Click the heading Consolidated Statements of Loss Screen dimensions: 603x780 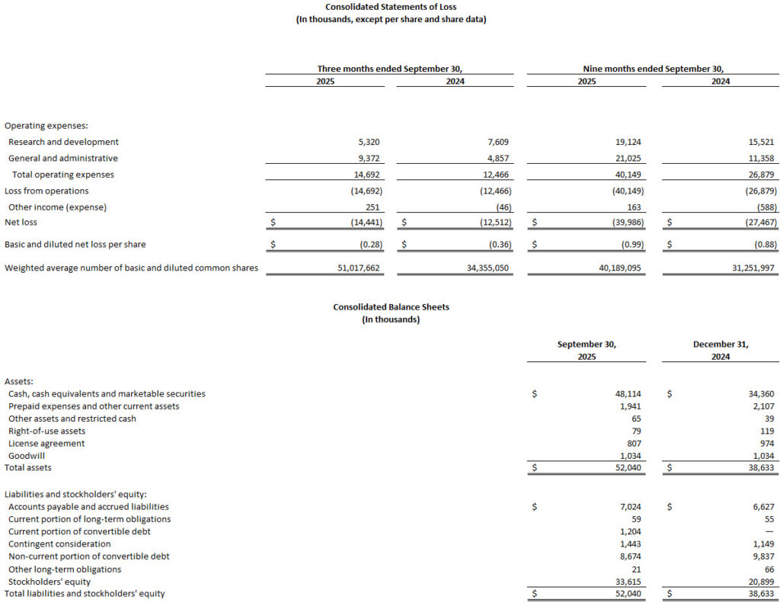[x=391, y=7]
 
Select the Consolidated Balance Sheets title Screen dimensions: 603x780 [x=391, y=307]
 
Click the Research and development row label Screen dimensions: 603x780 [x=63, y=142]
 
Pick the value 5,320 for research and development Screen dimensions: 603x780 [x=366, y=142]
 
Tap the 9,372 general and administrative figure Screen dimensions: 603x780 [x=366, y=159]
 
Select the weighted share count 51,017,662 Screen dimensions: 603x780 [x=351, y=268]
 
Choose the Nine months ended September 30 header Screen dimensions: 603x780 [x=653, y=69]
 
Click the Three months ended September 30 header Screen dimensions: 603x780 [x=389, y=69]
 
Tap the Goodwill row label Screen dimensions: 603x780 [x=27, y=455]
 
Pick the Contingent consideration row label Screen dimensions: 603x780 [x=59, y=544]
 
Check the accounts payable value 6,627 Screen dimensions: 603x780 [x=762, y=506]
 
